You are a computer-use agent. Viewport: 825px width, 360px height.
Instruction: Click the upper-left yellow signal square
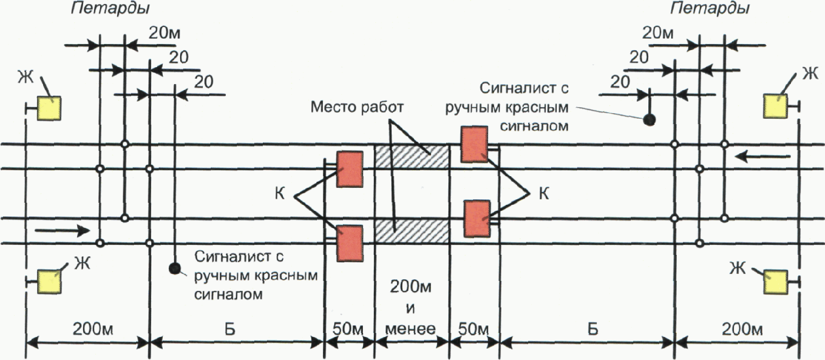(x=49, y=108)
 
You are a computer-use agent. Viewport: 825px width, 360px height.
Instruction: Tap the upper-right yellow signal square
(x=775, y=106)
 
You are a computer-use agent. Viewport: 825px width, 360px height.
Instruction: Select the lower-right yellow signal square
(x=775, y=282)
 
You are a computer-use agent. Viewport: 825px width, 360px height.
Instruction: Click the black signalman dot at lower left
(x=174, y=269)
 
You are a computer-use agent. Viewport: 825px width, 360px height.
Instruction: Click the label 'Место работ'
(x=356, y=107)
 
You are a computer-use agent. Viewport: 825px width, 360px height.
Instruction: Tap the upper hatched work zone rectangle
(x=411, y=156)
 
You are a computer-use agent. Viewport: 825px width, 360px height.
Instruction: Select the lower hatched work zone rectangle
(x=411, y=231)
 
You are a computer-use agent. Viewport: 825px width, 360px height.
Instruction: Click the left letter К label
(x=280, y=194)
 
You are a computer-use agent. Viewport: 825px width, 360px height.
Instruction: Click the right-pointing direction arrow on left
(x=63, y=231)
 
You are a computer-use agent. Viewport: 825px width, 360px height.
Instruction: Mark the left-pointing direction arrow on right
(x=762, y=157)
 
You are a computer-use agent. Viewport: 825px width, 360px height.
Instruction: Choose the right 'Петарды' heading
(x=709, y=9)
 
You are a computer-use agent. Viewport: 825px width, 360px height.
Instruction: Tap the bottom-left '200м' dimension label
(x=94, y=329)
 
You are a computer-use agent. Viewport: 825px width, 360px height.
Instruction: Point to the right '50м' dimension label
(x=474, y=329)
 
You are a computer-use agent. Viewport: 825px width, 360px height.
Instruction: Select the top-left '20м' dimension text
(x=164, y=34)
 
